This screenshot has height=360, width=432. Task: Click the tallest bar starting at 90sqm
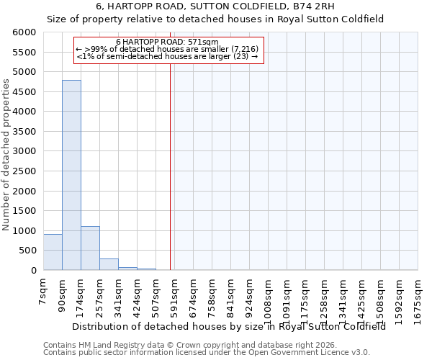coord(71,175)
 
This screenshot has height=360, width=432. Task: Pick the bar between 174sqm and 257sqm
coord(90,248)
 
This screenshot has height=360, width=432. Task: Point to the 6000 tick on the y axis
coord(24,32)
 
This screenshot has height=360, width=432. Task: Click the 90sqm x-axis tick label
coord(63,294)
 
